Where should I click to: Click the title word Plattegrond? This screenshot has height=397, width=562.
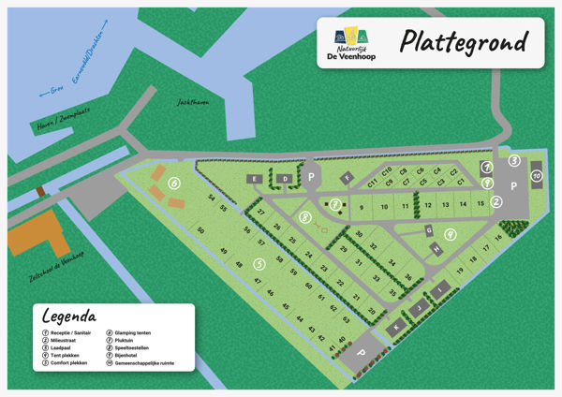click(464, 43)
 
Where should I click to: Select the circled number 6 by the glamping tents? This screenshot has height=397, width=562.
click(174, 184)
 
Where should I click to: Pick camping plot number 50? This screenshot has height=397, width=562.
click(200, 230)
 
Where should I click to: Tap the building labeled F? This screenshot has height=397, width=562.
click(348, 177)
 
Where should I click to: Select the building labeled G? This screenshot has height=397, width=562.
click(429, 229)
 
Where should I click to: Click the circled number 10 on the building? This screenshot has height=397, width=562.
click(536, 176)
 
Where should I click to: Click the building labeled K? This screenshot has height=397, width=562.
click(397, 325)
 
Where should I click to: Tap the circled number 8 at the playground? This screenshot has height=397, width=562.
click(305, 217)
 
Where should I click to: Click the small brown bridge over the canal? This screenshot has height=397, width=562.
click(39, 193)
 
